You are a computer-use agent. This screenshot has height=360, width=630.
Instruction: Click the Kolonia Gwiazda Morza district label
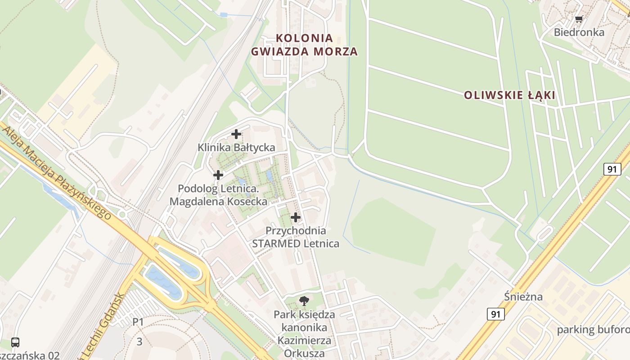tap(304, 45)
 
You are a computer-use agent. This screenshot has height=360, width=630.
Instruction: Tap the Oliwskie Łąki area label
tap(509, 95)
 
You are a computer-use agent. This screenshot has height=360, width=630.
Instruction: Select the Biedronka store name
tap(579, 32)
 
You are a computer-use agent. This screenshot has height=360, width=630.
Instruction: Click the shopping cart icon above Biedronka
tap(579, 19)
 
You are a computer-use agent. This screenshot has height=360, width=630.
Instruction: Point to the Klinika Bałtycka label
tap(236, 147)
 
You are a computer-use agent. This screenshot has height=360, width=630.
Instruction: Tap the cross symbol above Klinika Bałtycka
tap(236, 134)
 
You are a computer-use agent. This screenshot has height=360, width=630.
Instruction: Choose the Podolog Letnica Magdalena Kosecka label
tap(218, 195)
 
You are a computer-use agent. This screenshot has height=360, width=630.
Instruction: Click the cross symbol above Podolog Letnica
tap(218, 175)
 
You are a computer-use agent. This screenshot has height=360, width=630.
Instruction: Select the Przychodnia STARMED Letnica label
tap(296, 237)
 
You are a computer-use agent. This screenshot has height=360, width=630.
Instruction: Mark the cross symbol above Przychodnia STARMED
tap(296, 217)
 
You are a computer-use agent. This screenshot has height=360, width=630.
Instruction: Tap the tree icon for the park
tap(304, 301)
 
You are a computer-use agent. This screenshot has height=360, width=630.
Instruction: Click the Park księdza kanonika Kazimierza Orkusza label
tap(304, 333)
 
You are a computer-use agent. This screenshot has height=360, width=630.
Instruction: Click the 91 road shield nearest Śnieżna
tap(495, 314)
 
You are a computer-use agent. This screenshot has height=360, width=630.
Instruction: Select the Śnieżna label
tap(523, 297)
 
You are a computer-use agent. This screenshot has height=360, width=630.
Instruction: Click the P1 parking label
tap(138, 322)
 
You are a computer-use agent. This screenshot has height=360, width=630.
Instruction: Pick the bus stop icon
tap(15, 342)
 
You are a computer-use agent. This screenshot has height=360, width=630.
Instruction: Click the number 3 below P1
tap(139, 342)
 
